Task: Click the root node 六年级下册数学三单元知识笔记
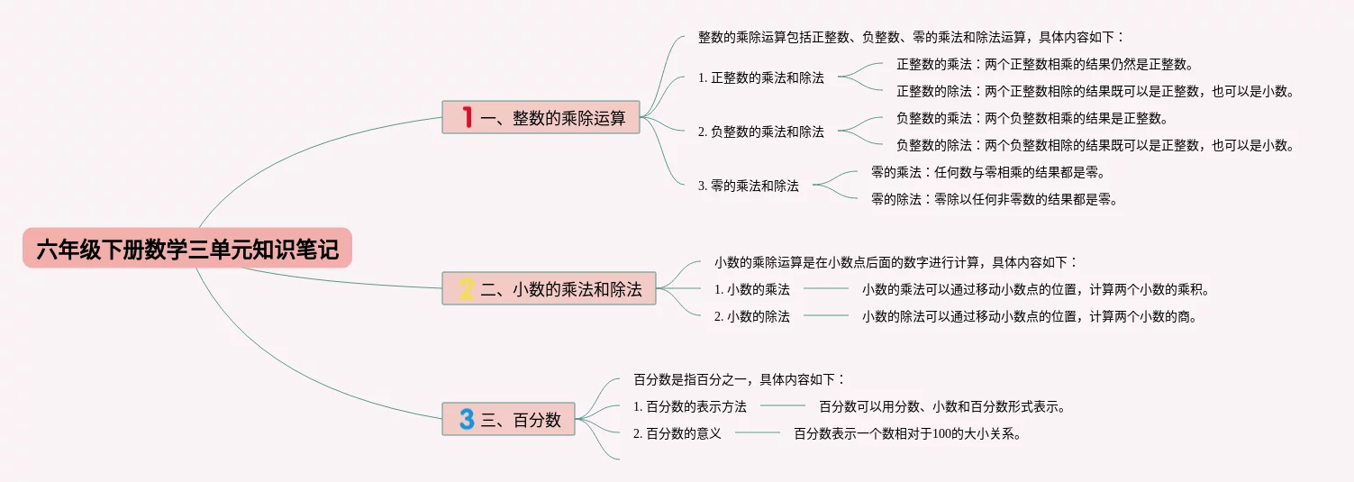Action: (187, 249)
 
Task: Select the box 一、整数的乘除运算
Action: (541, 117)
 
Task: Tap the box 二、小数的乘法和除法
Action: (549, 288)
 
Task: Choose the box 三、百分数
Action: (508, 419)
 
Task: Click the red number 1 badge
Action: (467, 117)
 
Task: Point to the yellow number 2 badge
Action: (467, 288)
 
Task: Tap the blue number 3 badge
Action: (467, 419)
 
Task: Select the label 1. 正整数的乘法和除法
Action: (761, 77)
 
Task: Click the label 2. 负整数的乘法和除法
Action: (761, 132)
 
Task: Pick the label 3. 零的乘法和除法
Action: (749, 186)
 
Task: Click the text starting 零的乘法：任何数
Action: (987, 172)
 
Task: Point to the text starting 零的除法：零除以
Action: (994, 199)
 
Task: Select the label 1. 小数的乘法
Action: (752, 289)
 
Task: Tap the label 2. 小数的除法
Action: (752, 316)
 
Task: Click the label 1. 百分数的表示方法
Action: (690, 406)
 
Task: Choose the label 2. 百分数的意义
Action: (677, 433)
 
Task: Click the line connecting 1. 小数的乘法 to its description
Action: (826, 289)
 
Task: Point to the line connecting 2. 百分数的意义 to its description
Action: (758, 433)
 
